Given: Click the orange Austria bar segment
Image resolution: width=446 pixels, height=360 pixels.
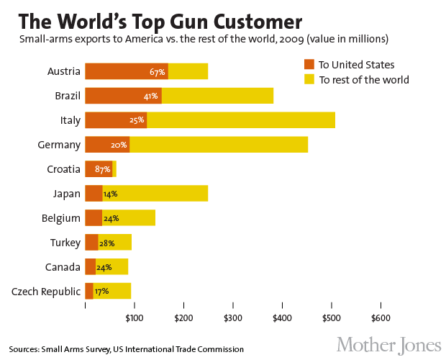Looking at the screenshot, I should [x=126, y=71].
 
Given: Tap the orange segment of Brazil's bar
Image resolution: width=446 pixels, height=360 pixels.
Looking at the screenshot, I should [x=123, y=96].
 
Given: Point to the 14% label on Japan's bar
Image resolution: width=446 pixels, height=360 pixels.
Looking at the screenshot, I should [x=110, y=194].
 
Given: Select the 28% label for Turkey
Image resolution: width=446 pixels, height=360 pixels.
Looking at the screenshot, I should [x=106, y=243].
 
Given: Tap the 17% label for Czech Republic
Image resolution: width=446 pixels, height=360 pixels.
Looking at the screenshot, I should [x=101, y=292].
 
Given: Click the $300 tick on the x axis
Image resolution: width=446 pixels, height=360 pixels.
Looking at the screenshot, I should [x=232, y=318].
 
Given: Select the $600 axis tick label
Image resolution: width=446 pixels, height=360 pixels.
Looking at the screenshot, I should [x=380, y=318].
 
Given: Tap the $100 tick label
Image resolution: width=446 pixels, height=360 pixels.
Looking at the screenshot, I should [x=134, y=318].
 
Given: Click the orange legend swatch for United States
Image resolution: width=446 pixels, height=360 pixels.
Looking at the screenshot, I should [x=309, y=64].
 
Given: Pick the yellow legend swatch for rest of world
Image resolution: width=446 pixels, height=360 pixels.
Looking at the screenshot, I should [x=309, y=79].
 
